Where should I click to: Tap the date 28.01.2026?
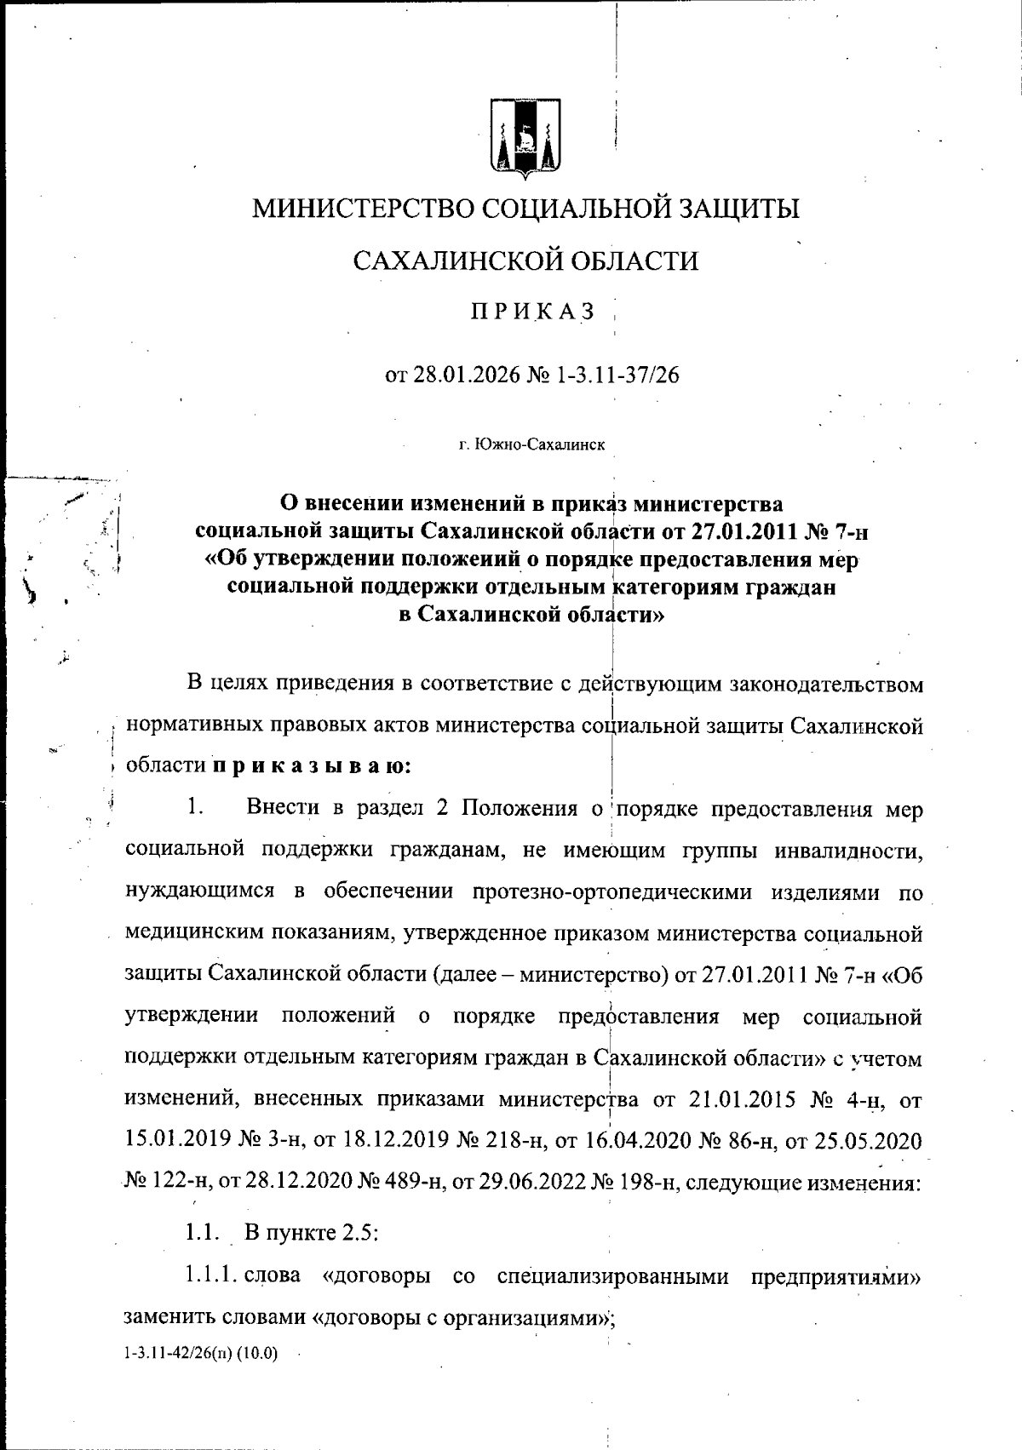469,375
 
